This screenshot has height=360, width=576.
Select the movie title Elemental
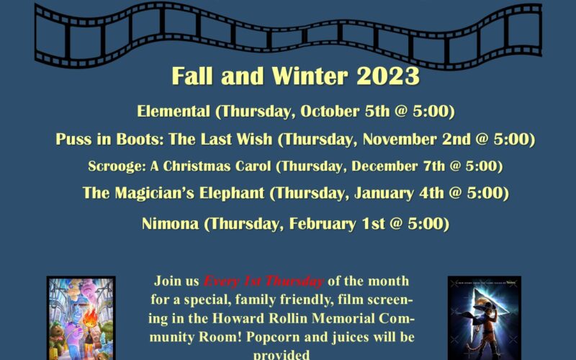174,111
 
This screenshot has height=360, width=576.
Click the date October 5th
345,111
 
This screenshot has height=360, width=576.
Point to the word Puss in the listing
73,139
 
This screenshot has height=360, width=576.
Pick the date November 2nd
417,139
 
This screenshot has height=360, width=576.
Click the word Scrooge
117,166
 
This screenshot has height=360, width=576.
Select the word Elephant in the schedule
232,193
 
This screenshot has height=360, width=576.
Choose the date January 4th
399,193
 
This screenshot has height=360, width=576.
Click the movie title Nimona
170,223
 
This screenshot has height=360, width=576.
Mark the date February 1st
337,223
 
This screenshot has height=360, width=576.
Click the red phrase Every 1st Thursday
264,281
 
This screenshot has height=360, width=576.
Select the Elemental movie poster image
81,318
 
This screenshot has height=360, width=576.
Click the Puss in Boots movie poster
484,318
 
